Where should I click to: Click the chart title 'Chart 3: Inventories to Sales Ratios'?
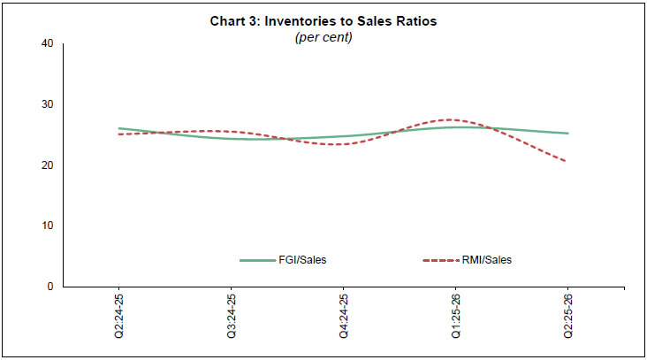pyautogui.click(x=323, y=21)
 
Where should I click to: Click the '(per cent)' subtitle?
pyautogui.click(x=323, y=38)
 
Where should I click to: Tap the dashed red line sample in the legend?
pyautogui.click(x=443, y=260)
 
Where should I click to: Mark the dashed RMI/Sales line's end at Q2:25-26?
pyautogui.click(x=567, y=161)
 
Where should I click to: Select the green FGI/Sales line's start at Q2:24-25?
pyautogui.click(x=119, y=128)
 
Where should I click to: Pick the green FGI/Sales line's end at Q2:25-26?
pyautogui.click(x=567, y=134)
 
